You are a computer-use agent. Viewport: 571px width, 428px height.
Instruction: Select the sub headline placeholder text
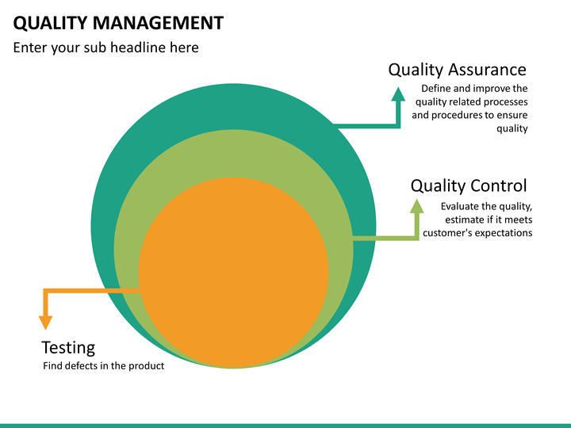point(105,48)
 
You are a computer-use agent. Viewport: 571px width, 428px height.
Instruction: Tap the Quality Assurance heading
point(457,70)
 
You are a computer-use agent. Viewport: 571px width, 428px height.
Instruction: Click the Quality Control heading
point(468,185)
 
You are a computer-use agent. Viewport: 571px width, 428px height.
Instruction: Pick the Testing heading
point(68,347)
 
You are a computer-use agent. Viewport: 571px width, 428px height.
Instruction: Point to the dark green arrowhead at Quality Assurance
point(398,94)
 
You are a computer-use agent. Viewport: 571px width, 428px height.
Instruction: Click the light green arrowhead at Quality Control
point(417,205)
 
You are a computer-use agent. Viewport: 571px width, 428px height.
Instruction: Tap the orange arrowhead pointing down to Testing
point(46,322)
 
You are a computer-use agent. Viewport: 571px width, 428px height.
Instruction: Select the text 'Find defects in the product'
point(103,366)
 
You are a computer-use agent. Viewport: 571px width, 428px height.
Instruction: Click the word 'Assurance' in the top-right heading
point(487,70)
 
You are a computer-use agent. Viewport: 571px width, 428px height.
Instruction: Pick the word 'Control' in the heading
point(498,185)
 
